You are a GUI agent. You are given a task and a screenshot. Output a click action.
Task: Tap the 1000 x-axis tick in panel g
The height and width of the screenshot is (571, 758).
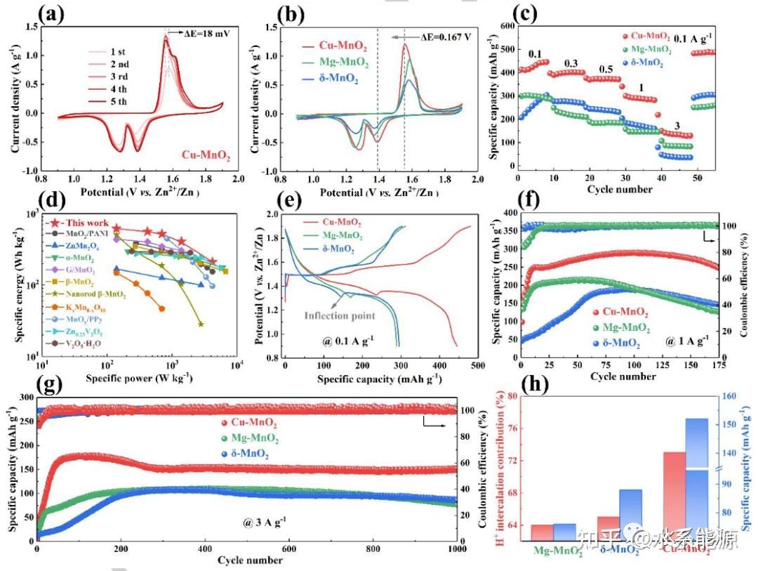point(456,550)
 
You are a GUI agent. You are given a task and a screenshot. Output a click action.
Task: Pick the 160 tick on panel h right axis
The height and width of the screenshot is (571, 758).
point(733,396)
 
